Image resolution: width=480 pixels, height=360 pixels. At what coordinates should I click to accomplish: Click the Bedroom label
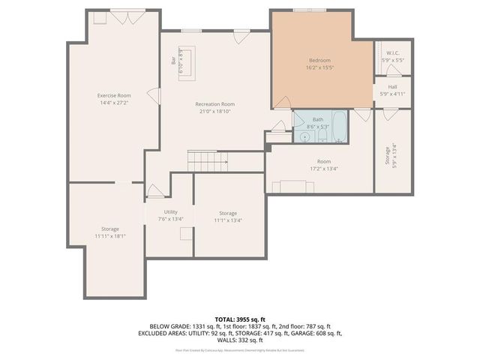[x=319, y=60]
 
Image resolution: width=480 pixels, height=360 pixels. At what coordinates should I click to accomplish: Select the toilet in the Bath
[x=322, y=137]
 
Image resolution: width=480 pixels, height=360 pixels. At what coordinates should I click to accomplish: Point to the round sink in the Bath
[x=305, y=137]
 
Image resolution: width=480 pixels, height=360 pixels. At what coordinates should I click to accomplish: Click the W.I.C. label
[x=393, y=53]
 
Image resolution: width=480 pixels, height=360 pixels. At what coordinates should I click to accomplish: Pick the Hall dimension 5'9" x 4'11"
[x=393, y=94]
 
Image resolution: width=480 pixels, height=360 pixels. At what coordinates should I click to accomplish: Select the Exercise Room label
[x=114, y=95]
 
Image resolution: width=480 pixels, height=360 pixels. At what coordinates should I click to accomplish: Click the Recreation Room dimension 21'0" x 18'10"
[x=215, y=111]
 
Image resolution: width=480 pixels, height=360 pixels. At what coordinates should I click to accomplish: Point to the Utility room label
[x=160, y=213]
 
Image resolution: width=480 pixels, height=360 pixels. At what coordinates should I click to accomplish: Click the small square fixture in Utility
[x=184, y=233]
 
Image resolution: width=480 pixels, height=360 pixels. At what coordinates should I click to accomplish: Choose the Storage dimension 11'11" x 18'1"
[x=110, y=236]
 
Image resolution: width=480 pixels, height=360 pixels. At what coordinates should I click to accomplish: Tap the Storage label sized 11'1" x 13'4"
[x=228, y=214]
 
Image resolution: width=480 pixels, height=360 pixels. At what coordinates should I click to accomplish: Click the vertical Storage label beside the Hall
[x=388, y=155]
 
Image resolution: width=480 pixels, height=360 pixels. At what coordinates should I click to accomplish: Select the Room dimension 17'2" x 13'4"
[x=323, y=169]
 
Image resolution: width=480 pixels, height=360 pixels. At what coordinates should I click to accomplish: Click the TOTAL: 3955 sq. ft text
[x=240, y=319]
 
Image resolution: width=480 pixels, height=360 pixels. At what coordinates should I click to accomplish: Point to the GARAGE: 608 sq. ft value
[x=315, y=333]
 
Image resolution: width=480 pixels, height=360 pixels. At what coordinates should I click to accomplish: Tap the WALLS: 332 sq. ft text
[x=240, y=339]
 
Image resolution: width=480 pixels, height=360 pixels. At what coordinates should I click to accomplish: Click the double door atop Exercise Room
[x=123, y=16]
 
